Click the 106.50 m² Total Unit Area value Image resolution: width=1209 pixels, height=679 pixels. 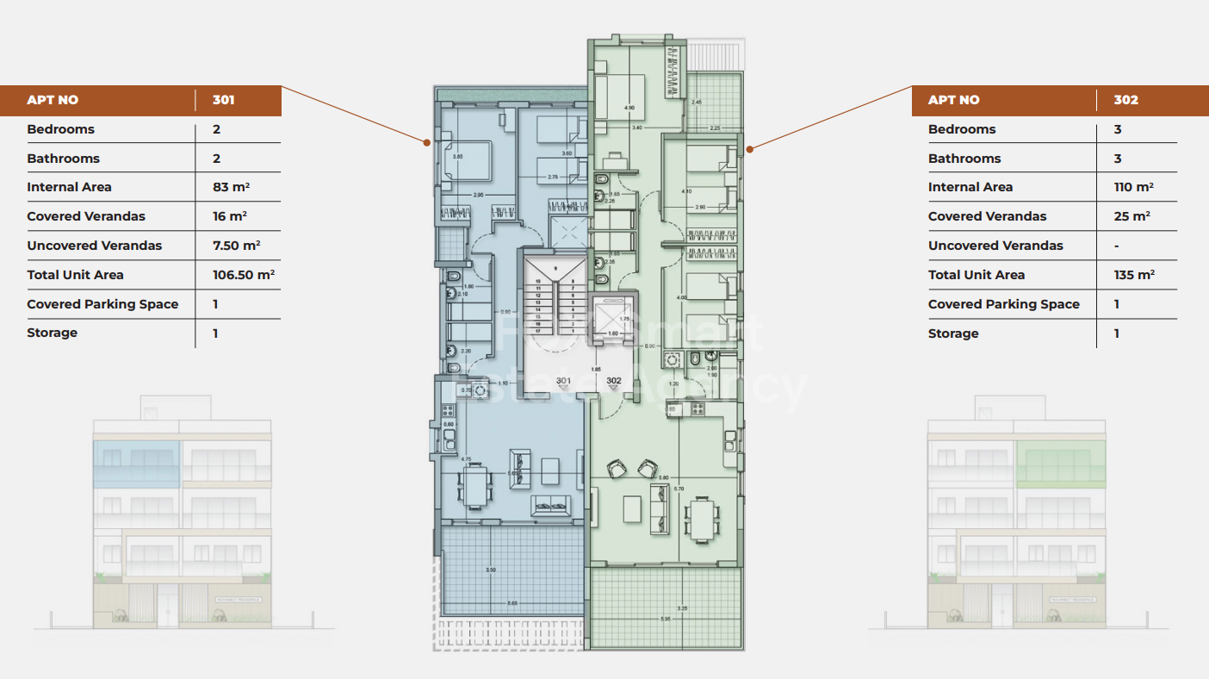(x=243, y=275)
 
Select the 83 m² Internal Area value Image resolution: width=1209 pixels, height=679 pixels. (x=231, y=187)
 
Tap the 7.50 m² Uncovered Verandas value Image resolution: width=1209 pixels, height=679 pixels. (x=236, y=246)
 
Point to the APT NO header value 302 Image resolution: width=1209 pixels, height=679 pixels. (x=1125, y=100)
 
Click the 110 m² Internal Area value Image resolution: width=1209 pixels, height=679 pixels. (x=1133, y=187)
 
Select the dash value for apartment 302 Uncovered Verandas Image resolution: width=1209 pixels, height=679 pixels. (x=1116, y=246)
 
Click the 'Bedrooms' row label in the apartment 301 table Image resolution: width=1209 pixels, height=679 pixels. (x=60, y=129)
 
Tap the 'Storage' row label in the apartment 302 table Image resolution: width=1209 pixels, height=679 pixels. (x=953, y=333)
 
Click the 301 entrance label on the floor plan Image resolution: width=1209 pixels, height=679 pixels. (x=563, y=381)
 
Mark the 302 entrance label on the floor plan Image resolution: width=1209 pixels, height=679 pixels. (x=613, y=381)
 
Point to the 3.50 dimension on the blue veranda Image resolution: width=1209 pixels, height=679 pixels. (x=491, y=570)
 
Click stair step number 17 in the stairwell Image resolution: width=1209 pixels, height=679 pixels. (x=539, y=330)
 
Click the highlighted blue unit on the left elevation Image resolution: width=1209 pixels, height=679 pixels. (x=136, y=463)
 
